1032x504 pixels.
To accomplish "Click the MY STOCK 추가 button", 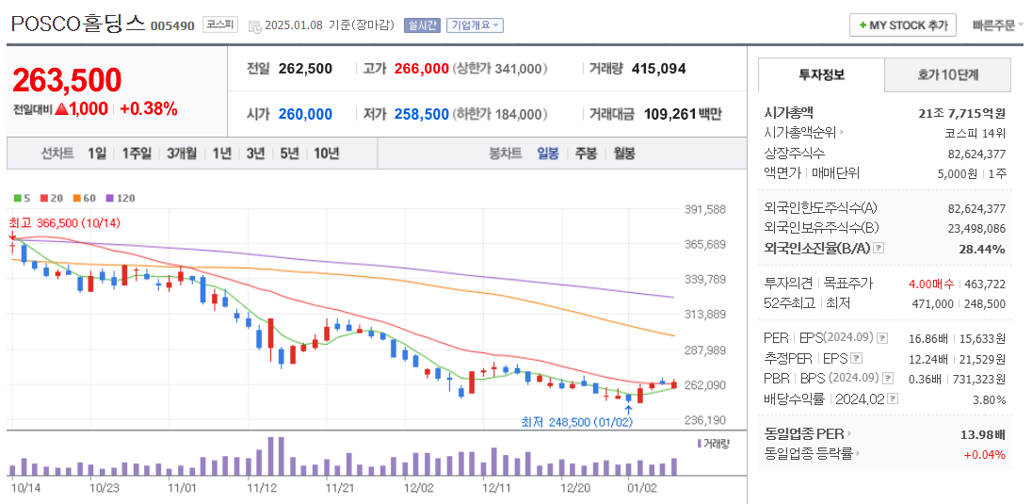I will coord(902,25).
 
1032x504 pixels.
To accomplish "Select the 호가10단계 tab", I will coord(947,74).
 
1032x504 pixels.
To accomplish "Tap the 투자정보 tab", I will coord(821,74).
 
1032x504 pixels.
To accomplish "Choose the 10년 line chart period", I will coord(326,153).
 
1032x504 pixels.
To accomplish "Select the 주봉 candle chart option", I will coord(586,153).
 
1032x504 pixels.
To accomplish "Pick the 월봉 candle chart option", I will coord(623,153).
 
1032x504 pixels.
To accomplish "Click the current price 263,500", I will coord(67,80).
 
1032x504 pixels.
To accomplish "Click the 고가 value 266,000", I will coord(421,69).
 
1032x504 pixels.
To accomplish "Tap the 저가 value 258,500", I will coord(421,114).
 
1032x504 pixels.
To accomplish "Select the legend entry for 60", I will coord(85,198).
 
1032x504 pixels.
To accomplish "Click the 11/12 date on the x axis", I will coord(261,488).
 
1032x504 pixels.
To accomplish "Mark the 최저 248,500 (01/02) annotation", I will coord(576,421).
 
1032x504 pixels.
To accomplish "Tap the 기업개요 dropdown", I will coord(475,25).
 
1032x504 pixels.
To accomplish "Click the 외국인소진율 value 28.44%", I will coord(983,249).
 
